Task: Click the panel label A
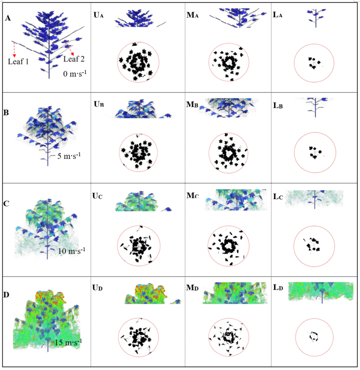[8, 18]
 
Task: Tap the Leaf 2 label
[74, 59]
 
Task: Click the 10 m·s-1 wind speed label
[72, 251]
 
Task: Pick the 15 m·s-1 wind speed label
[68, 342]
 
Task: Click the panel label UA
[98, 15]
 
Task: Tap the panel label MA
[192, 15]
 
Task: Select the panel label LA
[278, 15]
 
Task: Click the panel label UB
[99, 104]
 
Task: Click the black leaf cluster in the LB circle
[313, 152]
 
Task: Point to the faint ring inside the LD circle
[313, 334]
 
